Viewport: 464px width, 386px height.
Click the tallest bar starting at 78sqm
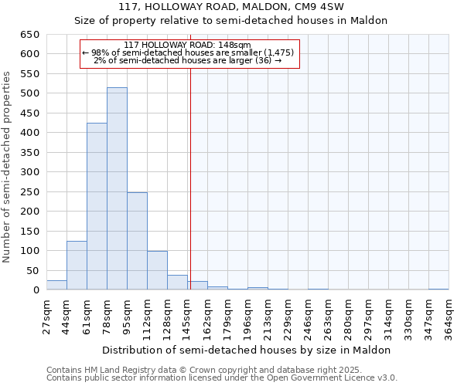click(x=117, y=189)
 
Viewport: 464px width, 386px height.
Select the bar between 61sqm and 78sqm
click(x=97, y=207)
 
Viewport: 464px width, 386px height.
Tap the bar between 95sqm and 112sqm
click(x=137, y=241)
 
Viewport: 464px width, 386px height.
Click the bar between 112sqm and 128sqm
click(x=157, y=270)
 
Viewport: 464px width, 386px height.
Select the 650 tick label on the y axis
click(x=29, y=35)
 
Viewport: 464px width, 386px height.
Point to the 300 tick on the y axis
click(x=29, y=172)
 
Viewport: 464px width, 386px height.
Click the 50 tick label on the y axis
click(x=32, y=271)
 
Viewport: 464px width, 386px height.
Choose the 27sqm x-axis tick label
click(x=46, y=317)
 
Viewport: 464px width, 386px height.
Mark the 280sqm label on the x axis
click(x=348, y=317)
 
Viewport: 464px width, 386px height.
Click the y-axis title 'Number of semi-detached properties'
click(x=8, y=167)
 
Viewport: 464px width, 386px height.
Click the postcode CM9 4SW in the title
click(x=310, y=7)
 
